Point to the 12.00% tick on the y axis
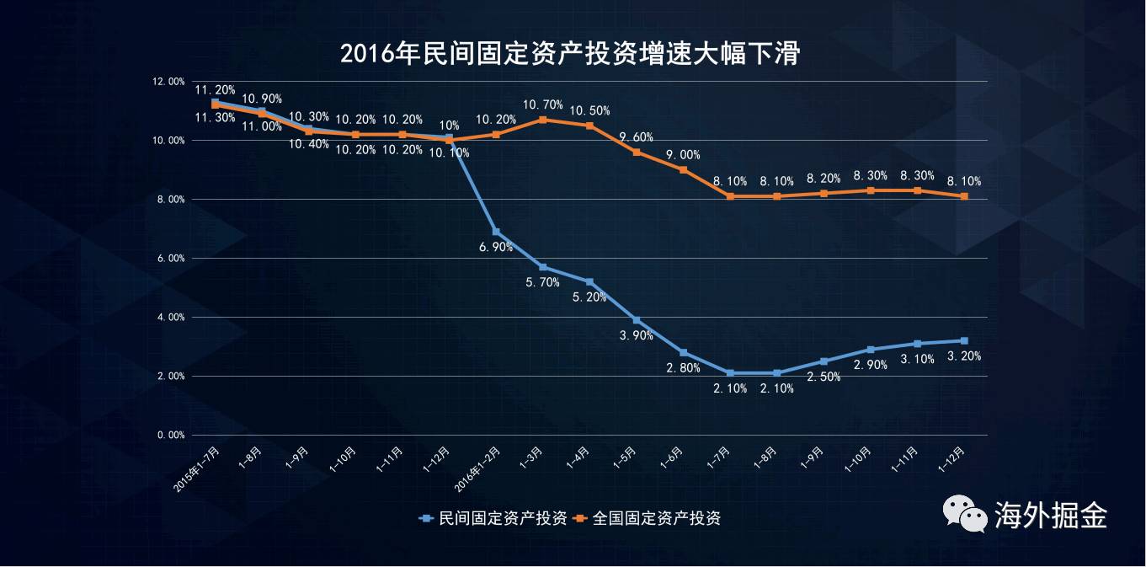pyautogui.click(x=168, y=82)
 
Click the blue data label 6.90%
pyautogui.click(x=496, y=247)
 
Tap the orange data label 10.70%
pyautogui.click(x=542, y=104)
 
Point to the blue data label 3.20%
pyautogui.click(x=964, y=356)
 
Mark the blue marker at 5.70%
pyautogui.click(x=543, y=267)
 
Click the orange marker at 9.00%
pyautogui.click(x=683, y=169)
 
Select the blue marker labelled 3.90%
pyautogui.click(x=637, y=320)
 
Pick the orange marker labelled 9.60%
pyautogui.click(x=637, y=152)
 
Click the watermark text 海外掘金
pyautogui.click(x=1050, y=514)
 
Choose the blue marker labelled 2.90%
pyautogui.click(x=871, y=350)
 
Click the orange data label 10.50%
pyautogui.click(x=589, y=110)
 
